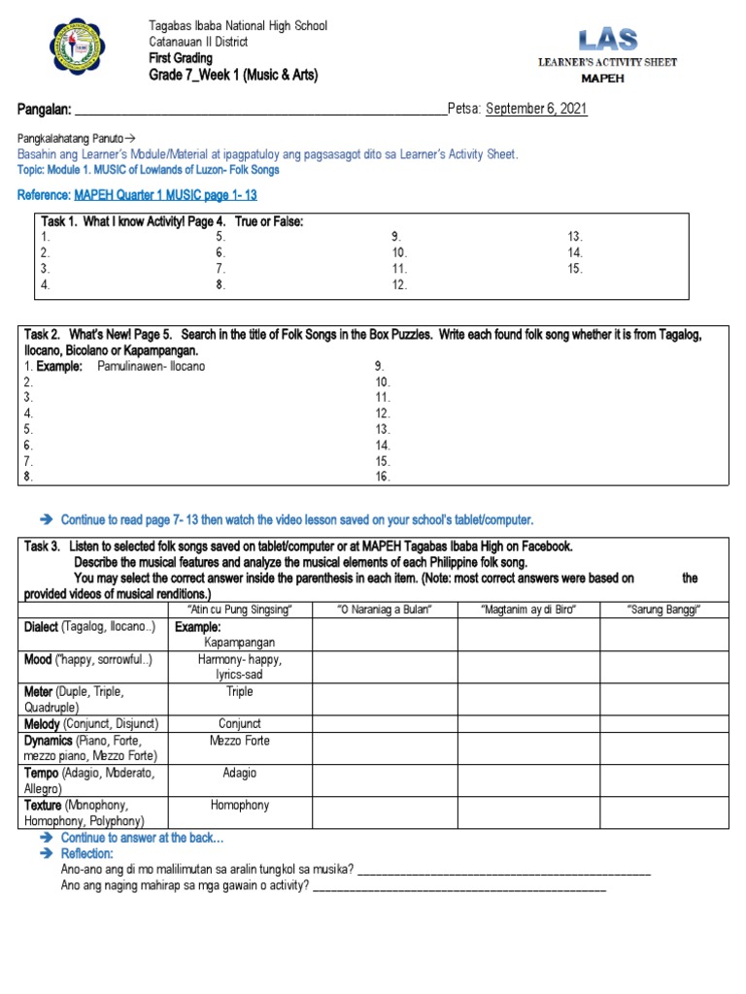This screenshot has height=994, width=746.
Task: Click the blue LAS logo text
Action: pyautogui.click(x=608, y=40)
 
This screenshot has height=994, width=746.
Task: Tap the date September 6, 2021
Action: pyautogui.click(x=536, y=109)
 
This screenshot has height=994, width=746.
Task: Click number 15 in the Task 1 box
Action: pyautogui.click(x=575, y=269)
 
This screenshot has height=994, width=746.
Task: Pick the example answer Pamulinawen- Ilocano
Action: pyautogui.click(x=152, y=366)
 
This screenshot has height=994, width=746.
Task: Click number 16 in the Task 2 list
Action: pyautogui.click(x=382, y=477)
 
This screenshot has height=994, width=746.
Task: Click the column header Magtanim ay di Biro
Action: pyautogui.click(x=528, y=609)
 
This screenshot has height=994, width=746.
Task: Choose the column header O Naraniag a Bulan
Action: pyautogui.click(x=384, y=609)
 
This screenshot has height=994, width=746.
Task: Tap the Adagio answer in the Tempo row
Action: pyautogui.click(x=240, y=773)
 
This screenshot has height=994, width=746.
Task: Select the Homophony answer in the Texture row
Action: pyautogui.click(x=240, y=805)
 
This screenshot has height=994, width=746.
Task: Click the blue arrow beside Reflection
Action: pyautogui.click(x=46, y=853)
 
